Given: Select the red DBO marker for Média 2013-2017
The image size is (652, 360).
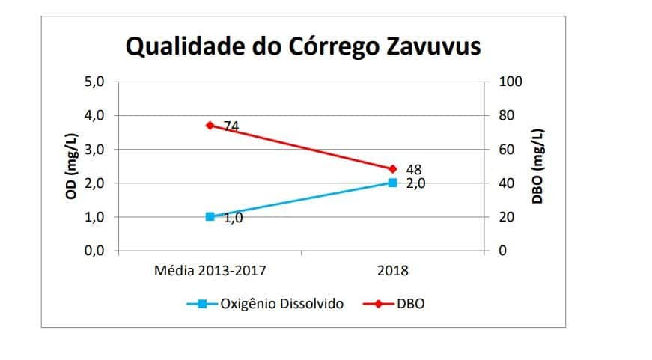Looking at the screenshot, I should point(210,126).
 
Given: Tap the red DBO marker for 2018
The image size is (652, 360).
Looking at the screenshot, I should point(392,169).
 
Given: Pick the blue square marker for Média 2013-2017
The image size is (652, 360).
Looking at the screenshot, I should point(210,216).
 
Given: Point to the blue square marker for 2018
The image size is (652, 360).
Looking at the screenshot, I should point(392,183).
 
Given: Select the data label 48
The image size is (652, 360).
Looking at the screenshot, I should point(413,170).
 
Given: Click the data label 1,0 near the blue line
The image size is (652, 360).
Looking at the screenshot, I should point(233,218).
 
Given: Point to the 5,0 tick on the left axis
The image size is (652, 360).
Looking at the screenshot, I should point(97,82).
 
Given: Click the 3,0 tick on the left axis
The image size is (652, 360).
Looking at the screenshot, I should point(97,149).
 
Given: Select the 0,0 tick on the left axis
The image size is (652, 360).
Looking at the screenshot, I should point(97,251).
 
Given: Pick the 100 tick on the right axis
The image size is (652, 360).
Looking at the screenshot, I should point(511,82).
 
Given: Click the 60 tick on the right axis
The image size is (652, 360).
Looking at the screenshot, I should point(507,149).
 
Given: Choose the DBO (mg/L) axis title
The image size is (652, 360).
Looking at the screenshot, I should point(537,166).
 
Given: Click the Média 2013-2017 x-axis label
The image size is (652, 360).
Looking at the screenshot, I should point(210,270).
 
